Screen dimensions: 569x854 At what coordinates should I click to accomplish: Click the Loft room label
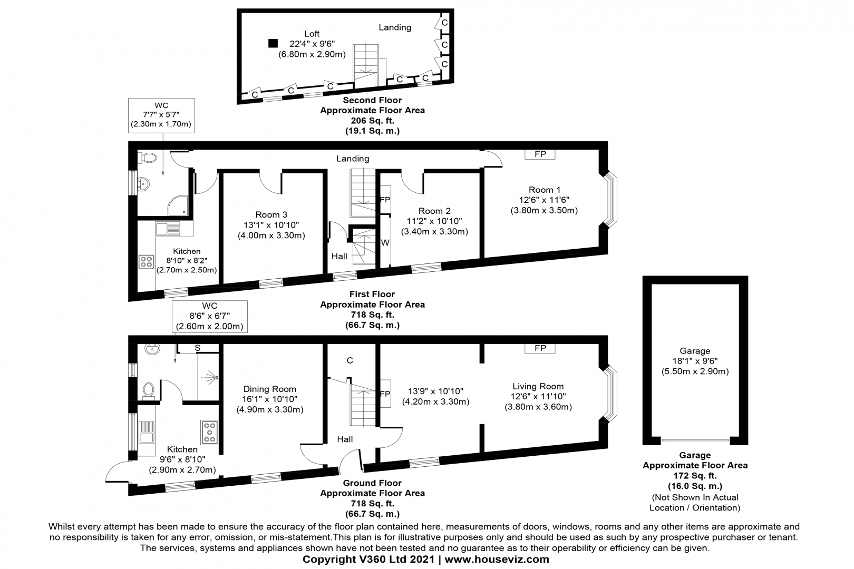[312, 34]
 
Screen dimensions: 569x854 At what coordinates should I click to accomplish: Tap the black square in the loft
[273, 43]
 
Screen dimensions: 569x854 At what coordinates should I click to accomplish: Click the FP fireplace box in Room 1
[540, 154]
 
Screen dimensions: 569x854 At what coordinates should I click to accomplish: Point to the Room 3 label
[271, 214]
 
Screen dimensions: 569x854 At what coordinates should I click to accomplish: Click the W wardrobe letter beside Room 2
[385, 243]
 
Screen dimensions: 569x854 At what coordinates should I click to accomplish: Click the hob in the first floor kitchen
[146, 262]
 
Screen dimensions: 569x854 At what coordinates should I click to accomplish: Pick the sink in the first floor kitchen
[167, 229]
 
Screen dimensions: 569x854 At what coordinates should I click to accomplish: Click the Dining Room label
[269, 389]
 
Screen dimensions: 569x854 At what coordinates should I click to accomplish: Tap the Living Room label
[538, 386]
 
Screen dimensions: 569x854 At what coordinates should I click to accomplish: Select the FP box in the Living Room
[540, 348]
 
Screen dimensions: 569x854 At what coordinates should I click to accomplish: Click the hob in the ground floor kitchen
[209, 432]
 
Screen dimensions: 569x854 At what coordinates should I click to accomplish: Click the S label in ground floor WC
[198, 348]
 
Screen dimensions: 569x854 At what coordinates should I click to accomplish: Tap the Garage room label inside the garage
[695, 351]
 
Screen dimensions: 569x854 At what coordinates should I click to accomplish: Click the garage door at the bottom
[695, 440]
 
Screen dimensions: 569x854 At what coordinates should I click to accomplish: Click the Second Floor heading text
[372, 100]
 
